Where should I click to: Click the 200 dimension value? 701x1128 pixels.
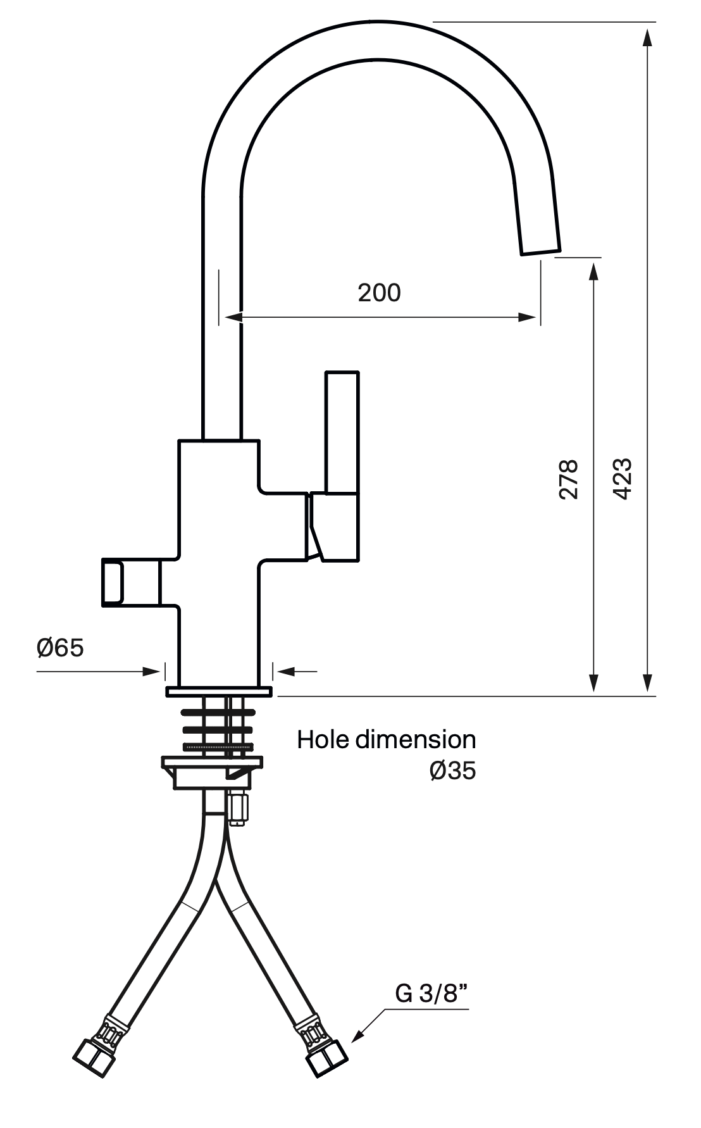(x=379, y=292)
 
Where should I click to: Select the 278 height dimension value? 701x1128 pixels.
(x=569, y=479)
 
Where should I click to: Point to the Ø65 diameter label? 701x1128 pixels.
(x=60, y=648)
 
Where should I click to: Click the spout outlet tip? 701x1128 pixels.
(x=540, y=251)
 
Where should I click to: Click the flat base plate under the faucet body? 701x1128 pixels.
(x=219, y=692)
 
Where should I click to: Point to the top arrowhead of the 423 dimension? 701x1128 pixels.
(x=647, y=37)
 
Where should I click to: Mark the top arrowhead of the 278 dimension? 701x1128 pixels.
(x=593, y=271)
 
